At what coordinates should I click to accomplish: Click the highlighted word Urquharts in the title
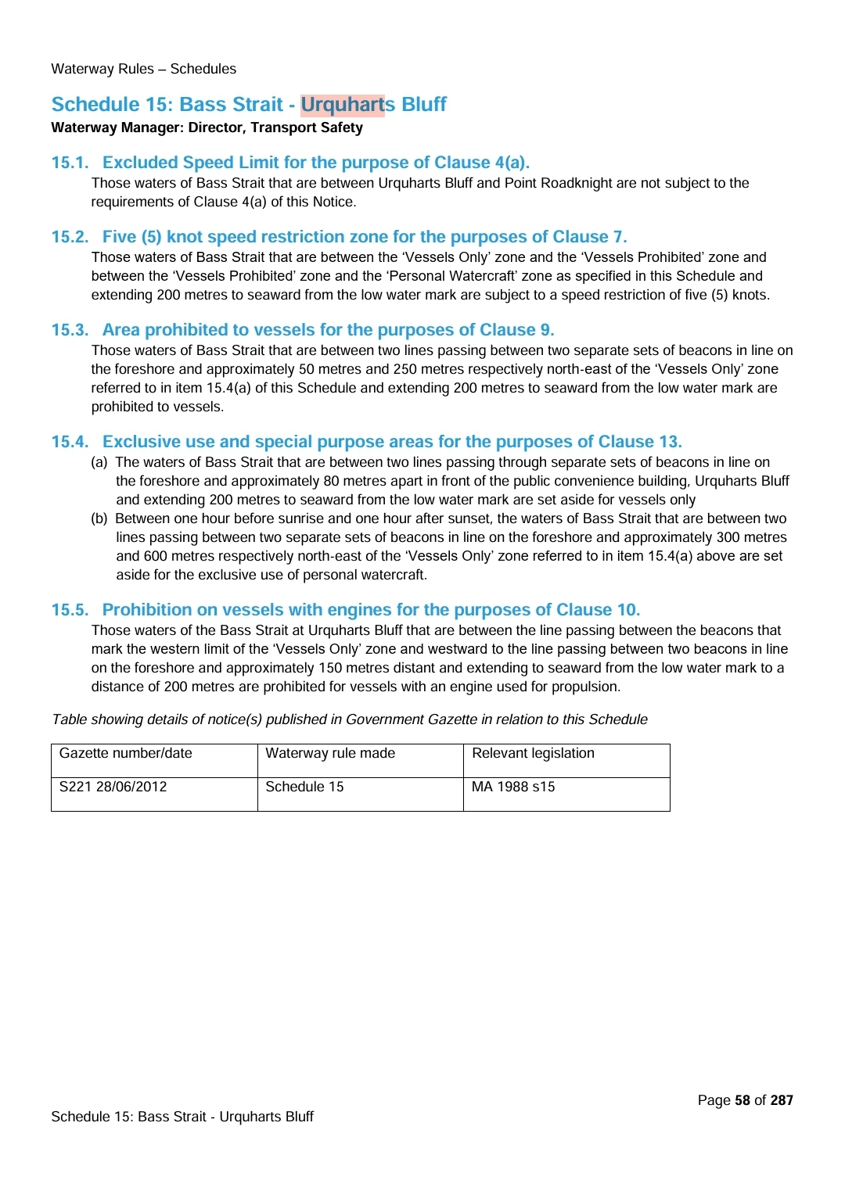(x=343, y=105)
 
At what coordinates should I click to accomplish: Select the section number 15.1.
(x=70, y=163)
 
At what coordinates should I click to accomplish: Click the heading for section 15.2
(x=365, y=237)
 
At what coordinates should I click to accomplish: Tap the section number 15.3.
(x=70, y=330)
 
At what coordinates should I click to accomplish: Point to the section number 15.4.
(x=70, y=442)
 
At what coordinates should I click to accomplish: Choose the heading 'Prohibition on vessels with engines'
(x=371, y=610)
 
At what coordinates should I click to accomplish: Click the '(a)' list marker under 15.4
(x=99, y=462)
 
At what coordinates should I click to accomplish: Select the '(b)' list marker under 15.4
(x=99, y=518)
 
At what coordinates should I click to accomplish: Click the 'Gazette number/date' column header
(x=126, y=753)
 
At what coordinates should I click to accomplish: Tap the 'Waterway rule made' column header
(x=330, y=753)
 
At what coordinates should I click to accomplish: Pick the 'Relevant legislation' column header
(x=533, y=753)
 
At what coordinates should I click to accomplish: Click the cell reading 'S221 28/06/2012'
(x=113, y=787)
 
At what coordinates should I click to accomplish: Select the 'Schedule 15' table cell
(x=304, y=787)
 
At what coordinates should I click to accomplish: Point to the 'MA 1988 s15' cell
(x=513, y=787)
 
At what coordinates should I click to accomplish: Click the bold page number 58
(x=743, y=1100)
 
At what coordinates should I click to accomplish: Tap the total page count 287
(x=782, y=1100)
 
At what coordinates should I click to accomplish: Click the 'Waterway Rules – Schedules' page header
(x=143, y=69)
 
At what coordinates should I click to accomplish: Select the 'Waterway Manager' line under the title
(x=207, y=127)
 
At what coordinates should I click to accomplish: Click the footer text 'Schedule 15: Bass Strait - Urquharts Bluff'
(x=182, y=1117)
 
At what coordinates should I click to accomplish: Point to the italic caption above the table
(x=350, y=719)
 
